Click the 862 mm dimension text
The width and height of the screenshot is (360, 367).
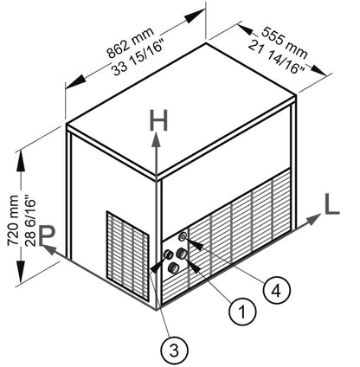(x=131, y=42)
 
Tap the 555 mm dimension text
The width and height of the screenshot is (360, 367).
(x=285, y=42)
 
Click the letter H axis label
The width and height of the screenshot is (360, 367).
(x=158, y=120)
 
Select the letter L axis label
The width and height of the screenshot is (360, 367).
(x=331, y=204)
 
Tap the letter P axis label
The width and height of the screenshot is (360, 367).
(x=46, y=235)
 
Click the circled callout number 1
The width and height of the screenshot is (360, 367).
(x=242, y=312)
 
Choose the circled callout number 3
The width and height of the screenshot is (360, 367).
(x=174, y=351)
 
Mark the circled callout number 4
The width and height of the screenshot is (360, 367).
(x=276, y=291)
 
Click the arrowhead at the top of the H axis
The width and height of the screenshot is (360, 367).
(x=157, y=140)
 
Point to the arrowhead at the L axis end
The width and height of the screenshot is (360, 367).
(x=313, y=220)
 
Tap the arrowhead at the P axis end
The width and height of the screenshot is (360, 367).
(x=48, y=249)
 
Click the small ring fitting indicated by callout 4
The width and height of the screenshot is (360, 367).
(x=183, y=236)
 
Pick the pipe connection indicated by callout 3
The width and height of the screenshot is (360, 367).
(x=168, y=254)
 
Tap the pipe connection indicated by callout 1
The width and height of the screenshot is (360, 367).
(x=183, y=254)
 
